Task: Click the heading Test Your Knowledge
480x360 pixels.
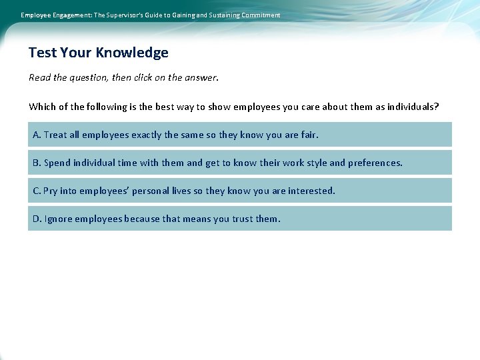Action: pos(99,53)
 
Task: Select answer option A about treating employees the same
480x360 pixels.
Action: pos(239,135)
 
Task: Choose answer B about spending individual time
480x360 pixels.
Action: pos(239,163)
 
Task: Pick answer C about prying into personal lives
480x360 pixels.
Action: pos(239,191)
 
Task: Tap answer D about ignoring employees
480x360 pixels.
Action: pos(239,219)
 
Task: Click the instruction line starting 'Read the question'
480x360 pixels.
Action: pos(123,78)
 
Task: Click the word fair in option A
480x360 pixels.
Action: pos(309,135)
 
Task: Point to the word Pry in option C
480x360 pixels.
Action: pos(50,191)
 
